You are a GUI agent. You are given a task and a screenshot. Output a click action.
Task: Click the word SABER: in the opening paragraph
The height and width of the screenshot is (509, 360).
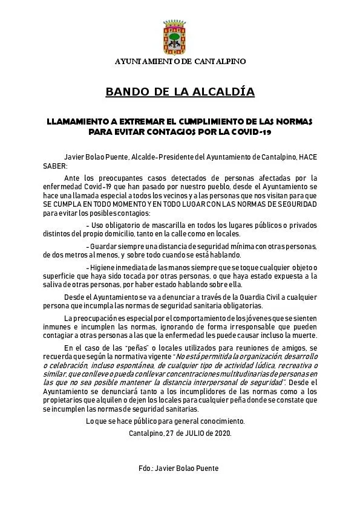tap(57, 165)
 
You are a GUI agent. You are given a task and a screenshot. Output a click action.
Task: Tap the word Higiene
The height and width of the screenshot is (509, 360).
tap(103, 267)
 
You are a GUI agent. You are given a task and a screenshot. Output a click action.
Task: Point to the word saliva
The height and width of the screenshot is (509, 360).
tap(56, 284)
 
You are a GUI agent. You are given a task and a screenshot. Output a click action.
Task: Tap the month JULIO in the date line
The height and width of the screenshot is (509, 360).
tap(194, 433)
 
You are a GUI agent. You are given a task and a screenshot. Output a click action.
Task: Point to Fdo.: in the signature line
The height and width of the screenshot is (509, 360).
tap(147, 468)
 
